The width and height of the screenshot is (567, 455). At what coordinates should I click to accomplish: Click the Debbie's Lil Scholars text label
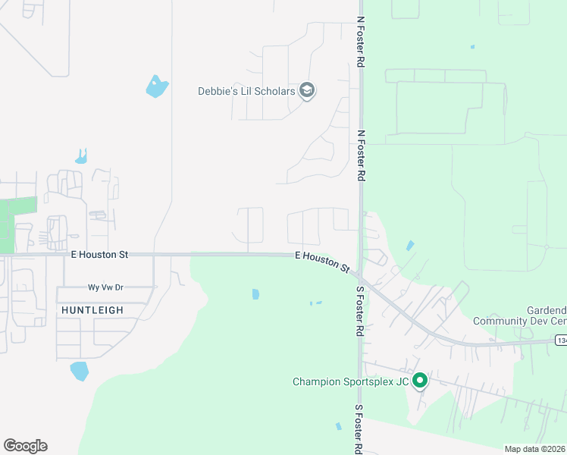click(x=247, y=91)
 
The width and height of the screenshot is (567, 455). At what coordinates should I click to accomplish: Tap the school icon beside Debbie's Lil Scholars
click(x=307, y=91)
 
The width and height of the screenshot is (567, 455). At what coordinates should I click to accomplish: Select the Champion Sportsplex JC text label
click(x=350, y=381)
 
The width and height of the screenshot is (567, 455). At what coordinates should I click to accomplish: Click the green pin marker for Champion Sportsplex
click(x=419, y=381)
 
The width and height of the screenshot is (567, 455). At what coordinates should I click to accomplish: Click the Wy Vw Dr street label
click(x=107, y=288)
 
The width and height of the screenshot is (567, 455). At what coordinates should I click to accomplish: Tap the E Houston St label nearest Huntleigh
click(x=100, y=256)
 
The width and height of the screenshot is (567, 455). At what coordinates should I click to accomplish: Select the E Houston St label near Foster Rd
click(x=322, y=263)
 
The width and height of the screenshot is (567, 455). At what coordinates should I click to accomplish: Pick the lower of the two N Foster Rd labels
click(x=362, y=155)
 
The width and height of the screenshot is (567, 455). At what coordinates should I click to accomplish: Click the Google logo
click(x=25, y=446)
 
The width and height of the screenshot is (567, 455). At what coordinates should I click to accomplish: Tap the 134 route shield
click(x=560, y=340)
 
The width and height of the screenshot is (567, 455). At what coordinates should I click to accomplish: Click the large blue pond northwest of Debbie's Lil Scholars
click(x=156, y=86)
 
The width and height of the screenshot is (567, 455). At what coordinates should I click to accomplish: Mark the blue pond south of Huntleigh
click(x=79, y=371)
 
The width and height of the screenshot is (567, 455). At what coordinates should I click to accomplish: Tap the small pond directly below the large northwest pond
click(x=81, y=157)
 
